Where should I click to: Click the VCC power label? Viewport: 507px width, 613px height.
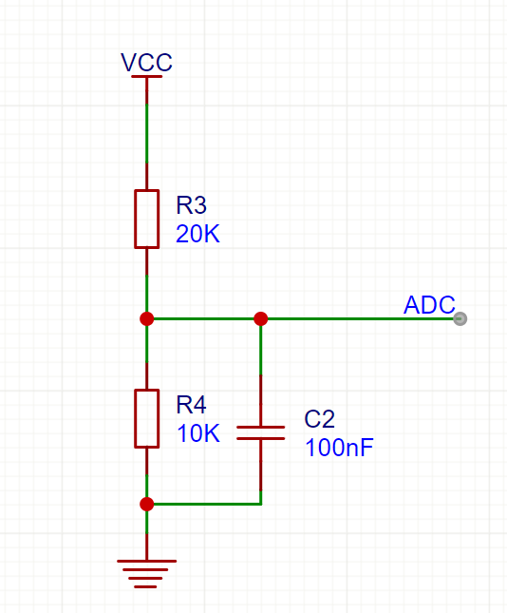coord(146,62)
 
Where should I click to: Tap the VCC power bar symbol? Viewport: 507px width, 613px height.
coord(146,77)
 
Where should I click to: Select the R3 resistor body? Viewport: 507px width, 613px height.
coord(146,219)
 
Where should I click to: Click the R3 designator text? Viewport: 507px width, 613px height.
coord(191,205)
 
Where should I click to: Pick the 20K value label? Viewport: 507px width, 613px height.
coord(197,234)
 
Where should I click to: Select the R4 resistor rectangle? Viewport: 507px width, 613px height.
coord(146,418)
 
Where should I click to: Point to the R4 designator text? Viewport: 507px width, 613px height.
coord(191,404)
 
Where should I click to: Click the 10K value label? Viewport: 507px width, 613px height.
coord(198,433)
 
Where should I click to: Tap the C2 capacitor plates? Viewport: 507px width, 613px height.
coord(260,432)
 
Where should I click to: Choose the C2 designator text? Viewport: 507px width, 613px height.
coord(319,419)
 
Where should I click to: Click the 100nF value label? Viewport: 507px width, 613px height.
coord(339,448)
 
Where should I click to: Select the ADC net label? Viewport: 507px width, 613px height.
coord(429,304)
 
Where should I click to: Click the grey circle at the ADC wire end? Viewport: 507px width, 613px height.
coord(460,318)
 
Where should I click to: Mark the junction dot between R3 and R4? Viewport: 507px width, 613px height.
coord(147,318)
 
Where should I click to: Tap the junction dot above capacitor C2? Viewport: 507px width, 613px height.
coord(260,318)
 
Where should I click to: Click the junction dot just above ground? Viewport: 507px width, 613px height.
coord(147,504)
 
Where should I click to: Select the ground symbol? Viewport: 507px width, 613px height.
coord(146,573)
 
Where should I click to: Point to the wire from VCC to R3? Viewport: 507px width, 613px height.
coord(147,133)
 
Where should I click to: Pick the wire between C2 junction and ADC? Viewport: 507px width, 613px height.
coord(361,318)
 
